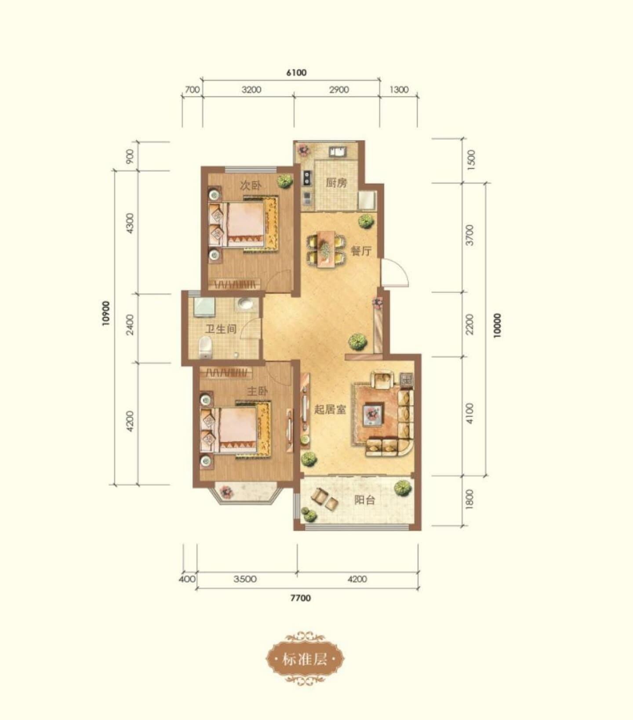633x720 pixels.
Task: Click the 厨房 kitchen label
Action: tap(336, 183)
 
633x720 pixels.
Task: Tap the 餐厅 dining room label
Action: tap(361, 251)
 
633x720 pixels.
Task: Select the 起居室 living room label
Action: tap(330, 409)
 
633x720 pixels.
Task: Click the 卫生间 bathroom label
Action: tap(221, 329)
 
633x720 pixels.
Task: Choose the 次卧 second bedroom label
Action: tap(251, 185)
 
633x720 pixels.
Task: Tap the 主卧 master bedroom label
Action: tap(257, 391)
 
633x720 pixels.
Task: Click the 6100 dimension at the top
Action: tap(296, 73)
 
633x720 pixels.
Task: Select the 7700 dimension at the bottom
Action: tap(301, 598)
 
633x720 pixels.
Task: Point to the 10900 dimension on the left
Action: tap(105, 314)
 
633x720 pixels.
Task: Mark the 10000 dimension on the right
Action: tap(497, 325)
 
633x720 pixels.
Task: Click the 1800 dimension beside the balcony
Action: tap(470, 499)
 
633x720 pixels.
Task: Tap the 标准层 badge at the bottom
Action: tap(305, 659)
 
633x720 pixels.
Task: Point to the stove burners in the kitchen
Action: tap(307, 177)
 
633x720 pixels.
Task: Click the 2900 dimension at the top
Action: tap(339, 90)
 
